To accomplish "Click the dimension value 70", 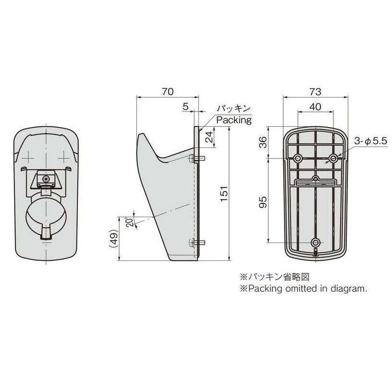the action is click(x=167, y=91).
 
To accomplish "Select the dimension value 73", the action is click(x=315, y=92).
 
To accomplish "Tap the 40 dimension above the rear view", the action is click(x=315, y=107).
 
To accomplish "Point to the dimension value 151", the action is click(x=224, y=194).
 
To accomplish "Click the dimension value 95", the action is click(x=263, y=202).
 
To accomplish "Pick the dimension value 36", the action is click(x=263, y=142).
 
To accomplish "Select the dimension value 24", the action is click(x=209, y=136).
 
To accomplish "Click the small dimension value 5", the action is click(x=185, y=107).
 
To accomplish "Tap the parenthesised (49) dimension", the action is click(x=113, y=238).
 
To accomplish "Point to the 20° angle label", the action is click(x=130, y=222).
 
